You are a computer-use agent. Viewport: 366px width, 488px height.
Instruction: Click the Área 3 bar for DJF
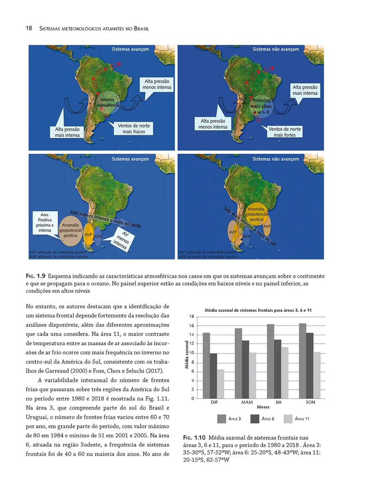[x=206, y=365]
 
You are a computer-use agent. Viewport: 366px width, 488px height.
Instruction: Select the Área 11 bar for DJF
[x=220, y=384]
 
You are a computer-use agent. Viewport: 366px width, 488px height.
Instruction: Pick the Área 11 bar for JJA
[x=285, y=372]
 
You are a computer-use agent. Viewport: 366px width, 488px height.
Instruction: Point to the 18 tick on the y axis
[x=192, y=317]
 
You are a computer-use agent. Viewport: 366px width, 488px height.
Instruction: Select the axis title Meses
[x=263, y=407]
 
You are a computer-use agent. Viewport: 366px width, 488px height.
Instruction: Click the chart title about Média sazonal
[x=258, y=310]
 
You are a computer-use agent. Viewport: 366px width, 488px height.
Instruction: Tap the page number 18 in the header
[x=18, y=29]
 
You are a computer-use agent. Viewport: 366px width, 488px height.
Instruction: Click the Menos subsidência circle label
[x=108, y=103]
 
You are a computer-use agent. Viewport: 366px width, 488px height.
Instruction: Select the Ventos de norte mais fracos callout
[x=134, y=128]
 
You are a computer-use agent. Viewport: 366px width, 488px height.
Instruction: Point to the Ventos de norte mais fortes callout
[x=285, y=132]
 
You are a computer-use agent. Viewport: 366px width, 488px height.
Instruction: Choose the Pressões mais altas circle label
[x=261, y=106]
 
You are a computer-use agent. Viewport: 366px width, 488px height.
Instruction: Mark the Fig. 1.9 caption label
[x=35, y=275]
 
